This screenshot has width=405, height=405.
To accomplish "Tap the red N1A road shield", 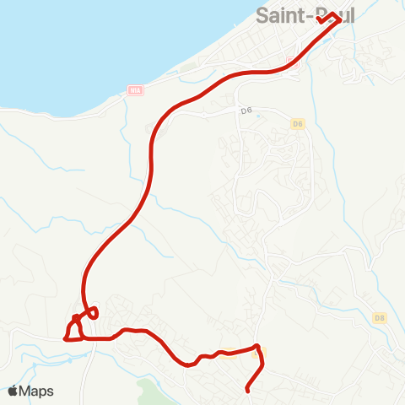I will pyautogui.click(x=134, y=89).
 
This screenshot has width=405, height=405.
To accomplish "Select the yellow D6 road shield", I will pyautogui.click(x=296, y=125).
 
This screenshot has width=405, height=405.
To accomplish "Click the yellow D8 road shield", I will pyautogui.click(x=379, y=317).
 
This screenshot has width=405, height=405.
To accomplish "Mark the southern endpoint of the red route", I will pyautogui.click(x=246, y=391).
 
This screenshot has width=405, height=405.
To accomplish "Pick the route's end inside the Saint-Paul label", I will pyautogui.click(x=319, y=18).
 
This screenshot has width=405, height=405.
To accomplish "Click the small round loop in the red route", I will pyautogui.click(x=93, y=312).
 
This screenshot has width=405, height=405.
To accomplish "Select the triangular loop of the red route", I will pyautogui.click(x=74, y=330).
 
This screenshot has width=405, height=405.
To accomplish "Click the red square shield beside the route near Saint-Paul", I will pyautogui.click(x=293, y=62).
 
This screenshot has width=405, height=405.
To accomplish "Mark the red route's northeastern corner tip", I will pyautogui.click(x=340, y=20).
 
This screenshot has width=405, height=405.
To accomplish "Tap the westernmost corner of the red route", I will pyautogui.click(x=64, y=338).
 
